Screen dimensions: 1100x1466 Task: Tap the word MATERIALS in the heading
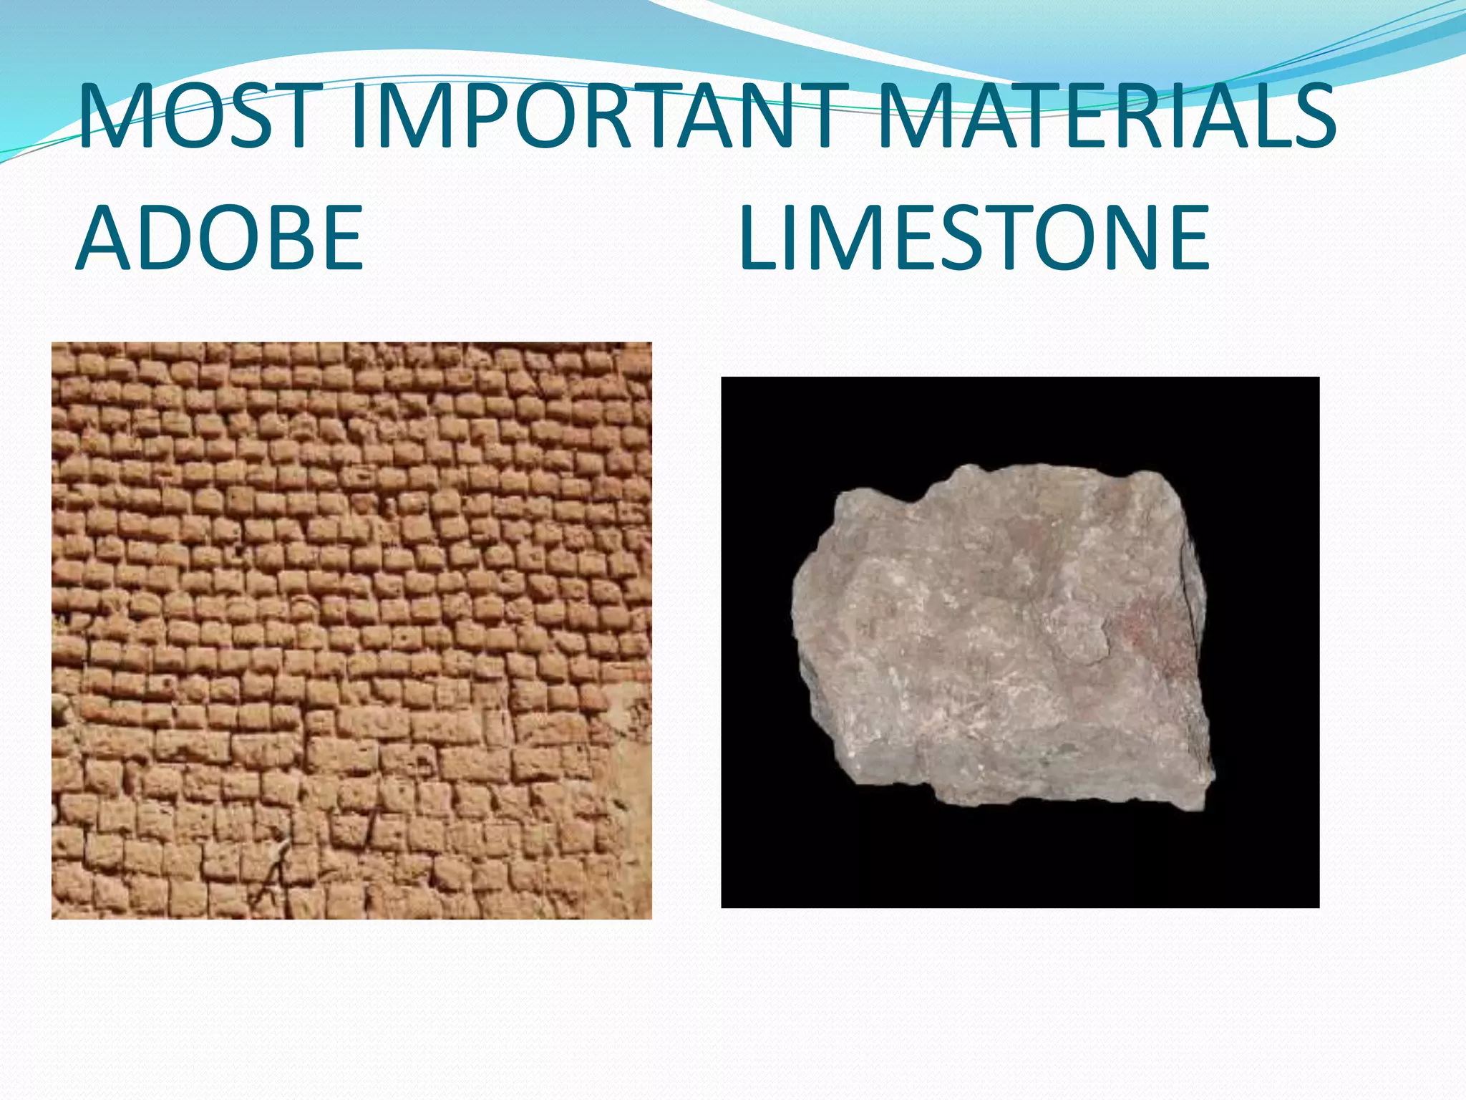(1106, 116)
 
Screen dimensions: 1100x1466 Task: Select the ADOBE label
(220, 238)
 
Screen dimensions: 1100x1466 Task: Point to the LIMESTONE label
(974, 238)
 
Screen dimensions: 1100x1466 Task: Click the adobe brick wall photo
(351, 630)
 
